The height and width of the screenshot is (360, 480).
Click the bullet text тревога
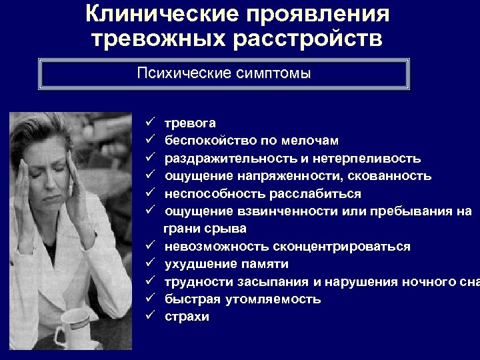tap(190, 123)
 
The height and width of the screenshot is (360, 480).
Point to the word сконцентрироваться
tap(342, 247)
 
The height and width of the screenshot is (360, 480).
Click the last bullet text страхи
tap(187, 317)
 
